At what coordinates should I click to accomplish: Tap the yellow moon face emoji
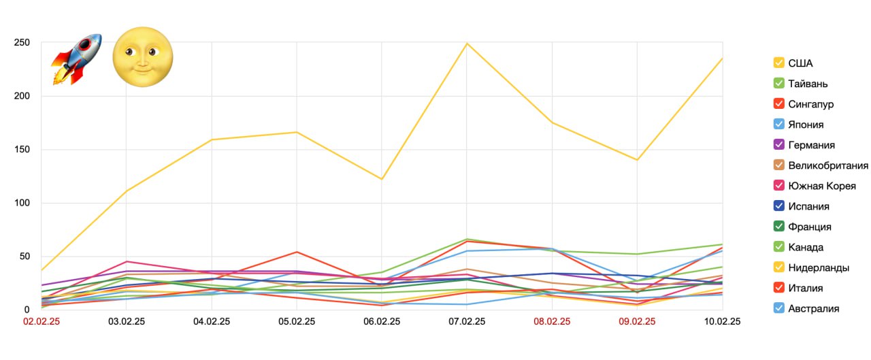coord(142,57)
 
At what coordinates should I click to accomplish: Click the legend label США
coord(800,63)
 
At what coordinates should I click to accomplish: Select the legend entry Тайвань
coord(808,84)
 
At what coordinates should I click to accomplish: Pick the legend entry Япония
coord(806,125)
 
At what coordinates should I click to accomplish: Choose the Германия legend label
coord(811,145)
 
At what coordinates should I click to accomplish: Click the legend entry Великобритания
coord(827,165)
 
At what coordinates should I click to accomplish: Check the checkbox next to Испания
coord(779,206)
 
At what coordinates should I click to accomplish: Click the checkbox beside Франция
coord(779,227)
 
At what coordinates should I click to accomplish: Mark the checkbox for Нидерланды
coord(779,267)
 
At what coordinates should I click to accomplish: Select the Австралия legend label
coord(813,308)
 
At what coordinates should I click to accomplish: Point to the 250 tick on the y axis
coord(22,43)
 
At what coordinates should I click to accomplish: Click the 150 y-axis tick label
coord(22,150)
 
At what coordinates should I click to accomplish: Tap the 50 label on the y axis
coord(24,257)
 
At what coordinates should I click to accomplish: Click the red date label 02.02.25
coord(41,321)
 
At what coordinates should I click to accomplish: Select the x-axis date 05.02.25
coord(296,321)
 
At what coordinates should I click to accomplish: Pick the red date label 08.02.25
coord(552,321)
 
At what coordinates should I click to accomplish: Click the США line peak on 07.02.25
coord(467,44)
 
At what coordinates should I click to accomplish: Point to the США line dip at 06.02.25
coord(382,179)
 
